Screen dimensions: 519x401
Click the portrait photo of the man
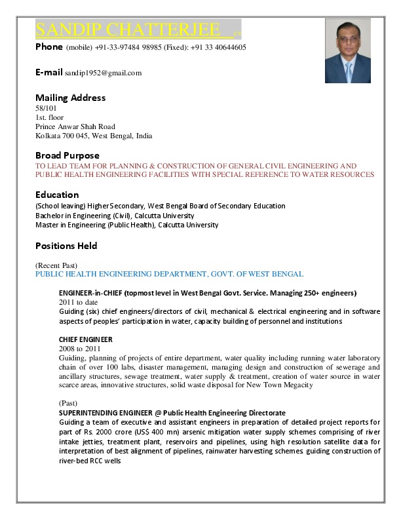tap(347, 50)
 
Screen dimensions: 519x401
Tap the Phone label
tap(49, 47)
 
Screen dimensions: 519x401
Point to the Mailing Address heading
tap(70, 98)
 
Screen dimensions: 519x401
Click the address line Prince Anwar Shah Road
tap(75, 126)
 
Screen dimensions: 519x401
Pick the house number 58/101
tap(47, 107)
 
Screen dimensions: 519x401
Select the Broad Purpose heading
tap(67, 155)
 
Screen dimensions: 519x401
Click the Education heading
tap(57, 195)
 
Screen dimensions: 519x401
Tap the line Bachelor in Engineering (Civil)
tap(115, 215)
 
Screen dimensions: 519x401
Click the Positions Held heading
tap(66, 246)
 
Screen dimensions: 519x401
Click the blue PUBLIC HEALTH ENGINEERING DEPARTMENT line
tap(169, 273)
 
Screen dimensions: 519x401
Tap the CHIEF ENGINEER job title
tap(85, 339)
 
